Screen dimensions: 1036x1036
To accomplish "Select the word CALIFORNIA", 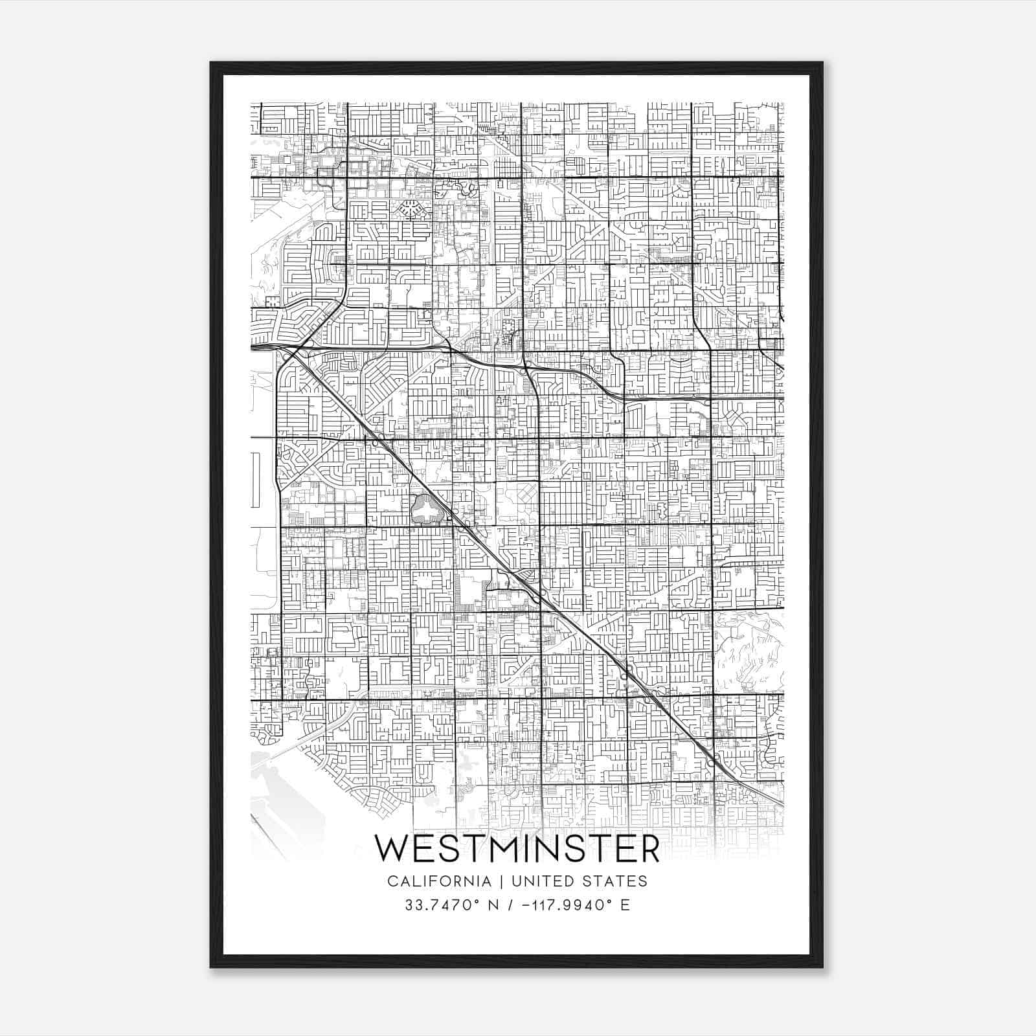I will click(439, 881).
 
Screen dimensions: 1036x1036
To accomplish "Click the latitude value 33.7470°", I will click(435, 905).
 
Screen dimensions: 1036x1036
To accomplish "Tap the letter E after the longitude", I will click(625, 905).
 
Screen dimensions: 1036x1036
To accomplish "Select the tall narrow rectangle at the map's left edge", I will click(256, 480).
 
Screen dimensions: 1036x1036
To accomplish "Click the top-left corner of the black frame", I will click(211, 63).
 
